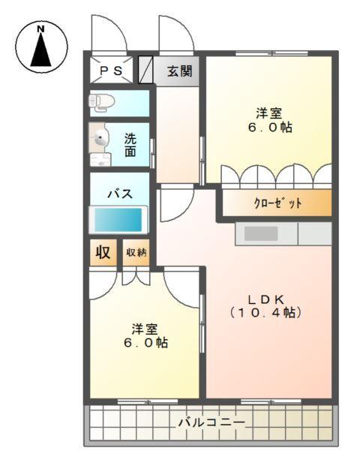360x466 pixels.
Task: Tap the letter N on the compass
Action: (42, 29)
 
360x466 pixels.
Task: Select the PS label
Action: (111, 71)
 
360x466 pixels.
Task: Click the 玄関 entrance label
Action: (179, 72)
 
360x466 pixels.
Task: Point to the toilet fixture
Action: (100, 101)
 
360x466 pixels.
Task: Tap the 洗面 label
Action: (130, 145)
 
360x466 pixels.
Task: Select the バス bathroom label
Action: (118, 194)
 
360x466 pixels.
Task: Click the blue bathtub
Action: (117, 220)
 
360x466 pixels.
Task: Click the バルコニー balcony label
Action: (211, 422)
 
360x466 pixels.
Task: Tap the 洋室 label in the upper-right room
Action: (268, 113)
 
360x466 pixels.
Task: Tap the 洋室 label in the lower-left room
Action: (145, 329)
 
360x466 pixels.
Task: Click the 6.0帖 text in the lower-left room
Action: (145, 343)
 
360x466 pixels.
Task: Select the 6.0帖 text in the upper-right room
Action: (268, 128)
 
